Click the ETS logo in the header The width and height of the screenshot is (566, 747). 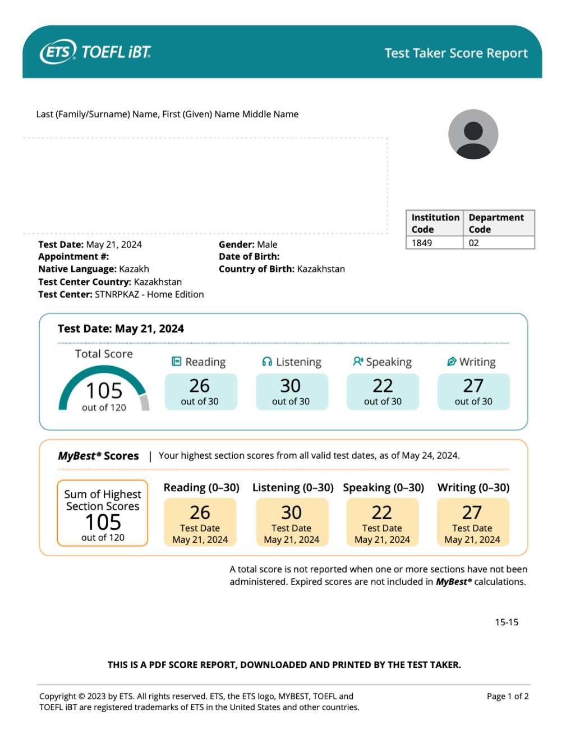(x=58, y=52)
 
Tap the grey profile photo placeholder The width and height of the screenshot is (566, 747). (x=473, y=135)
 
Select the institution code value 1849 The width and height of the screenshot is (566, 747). (x=422, y=243)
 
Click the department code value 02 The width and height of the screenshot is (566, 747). (x=474, y=243)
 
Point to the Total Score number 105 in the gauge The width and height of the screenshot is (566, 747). (x=104, y=390)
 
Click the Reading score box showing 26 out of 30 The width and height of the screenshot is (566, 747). (x=200, y=391)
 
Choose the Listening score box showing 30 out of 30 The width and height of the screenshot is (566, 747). (x=291, y=391)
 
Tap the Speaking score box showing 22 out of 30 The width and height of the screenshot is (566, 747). (x=383, y=391)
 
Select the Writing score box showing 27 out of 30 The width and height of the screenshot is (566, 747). (x=473, y=391)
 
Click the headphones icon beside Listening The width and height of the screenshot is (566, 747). (x=267, y=362)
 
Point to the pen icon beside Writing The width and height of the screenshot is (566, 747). (x=452, y=362)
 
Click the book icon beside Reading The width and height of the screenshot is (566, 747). (x=176, y=362)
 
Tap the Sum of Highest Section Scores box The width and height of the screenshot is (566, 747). (x=103, y=513)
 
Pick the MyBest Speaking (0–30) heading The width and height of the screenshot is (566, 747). (x=383, y=487)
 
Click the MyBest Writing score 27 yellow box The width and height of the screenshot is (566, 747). (x=472, y=522)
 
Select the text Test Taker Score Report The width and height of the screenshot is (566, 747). (x=456, y=53)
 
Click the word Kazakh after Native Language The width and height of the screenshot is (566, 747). (x=134, y=269)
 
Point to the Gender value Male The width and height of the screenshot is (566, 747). (x=267, y=245)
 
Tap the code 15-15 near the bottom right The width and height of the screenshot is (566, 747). (x=507, y=622)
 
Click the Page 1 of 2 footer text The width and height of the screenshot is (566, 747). (x=508, y=696)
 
